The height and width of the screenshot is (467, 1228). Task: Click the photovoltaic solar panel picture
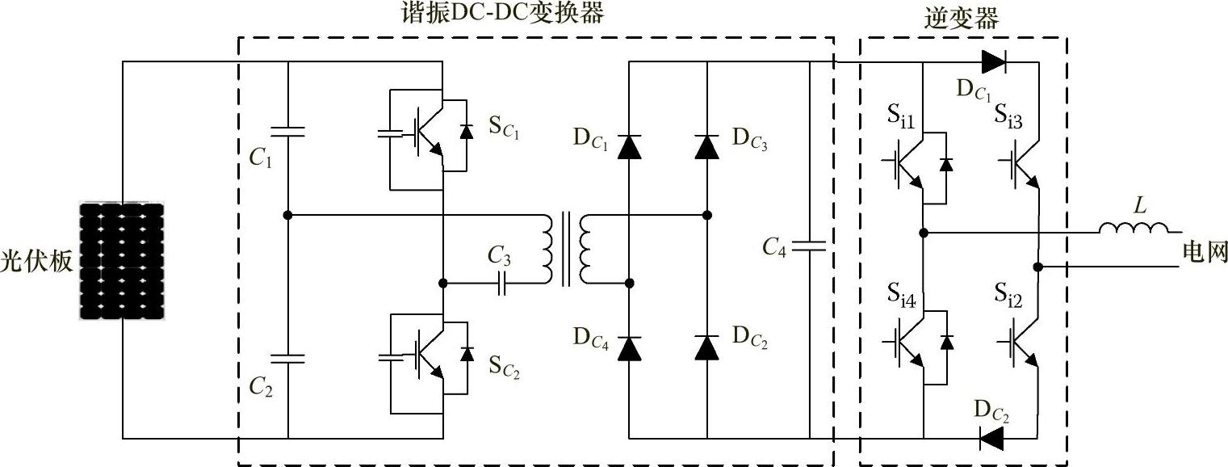coord(121,261)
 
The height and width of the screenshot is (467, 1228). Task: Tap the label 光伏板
coord(36,261)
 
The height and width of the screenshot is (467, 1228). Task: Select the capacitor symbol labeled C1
coord(288,132)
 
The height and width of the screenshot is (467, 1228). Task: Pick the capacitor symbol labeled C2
coord(288,358)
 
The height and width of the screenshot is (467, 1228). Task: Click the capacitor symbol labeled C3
coord(501,284)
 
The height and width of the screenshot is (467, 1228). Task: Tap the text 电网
coord(1204,251)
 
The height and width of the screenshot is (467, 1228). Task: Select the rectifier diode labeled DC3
coord(707,147)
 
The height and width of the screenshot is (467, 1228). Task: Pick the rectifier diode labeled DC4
coord(630,348)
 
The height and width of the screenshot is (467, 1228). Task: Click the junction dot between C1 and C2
coord(288,216)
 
